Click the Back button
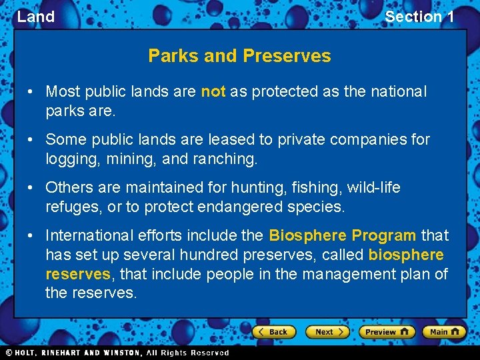pos(273,332)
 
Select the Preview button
pos(386,332)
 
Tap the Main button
pos(444,332)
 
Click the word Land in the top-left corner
pos(36,17)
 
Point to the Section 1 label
pos(419,17)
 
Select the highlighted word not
pos(213,92)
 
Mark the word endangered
pos(241,207)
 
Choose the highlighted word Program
pos(383,236)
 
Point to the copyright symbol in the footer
pos(9,353)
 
